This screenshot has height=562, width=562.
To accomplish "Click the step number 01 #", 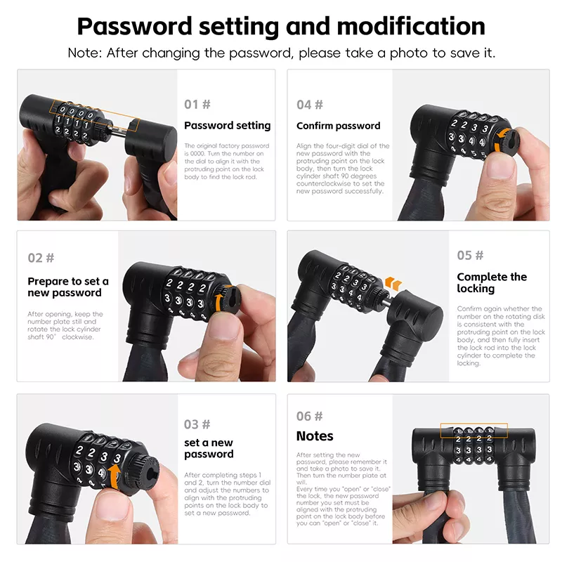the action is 197,104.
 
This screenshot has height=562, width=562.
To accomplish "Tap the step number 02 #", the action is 41,258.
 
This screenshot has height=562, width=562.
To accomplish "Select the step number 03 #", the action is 197,424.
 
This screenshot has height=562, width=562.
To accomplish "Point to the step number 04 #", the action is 310,105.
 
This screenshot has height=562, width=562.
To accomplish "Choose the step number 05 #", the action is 470,255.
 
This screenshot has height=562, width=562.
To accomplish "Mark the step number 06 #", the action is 309,416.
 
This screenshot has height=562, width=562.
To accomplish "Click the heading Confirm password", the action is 339,126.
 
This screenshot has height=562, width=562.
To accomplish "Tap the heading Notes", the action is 315,436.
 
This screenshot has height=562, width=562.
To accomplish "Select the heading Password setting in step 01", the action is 227,126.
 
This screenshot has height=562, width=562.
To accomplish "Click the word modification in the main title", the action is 411,26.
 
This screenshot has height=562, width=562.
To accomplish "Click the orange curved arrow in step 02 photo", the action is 219,302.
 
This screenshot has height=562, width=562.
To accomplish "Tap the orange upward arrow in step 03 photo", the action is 115,477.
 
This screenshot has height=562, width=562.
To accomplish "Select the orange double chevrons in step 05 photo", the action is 393,283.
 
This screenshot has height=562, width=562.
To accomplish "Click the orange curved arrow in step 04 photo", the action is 501,140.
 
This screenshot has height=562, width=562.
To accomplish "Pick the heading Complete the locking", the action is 492,282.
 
